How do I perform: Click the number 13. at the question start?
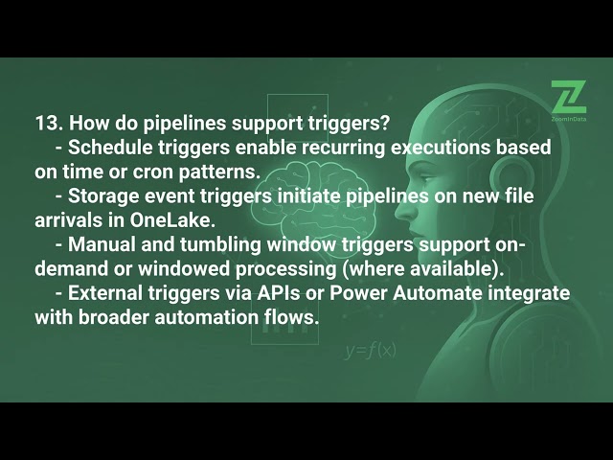48,124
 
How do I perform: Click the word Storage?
101,196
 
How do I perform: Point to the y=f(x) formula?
370,350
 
